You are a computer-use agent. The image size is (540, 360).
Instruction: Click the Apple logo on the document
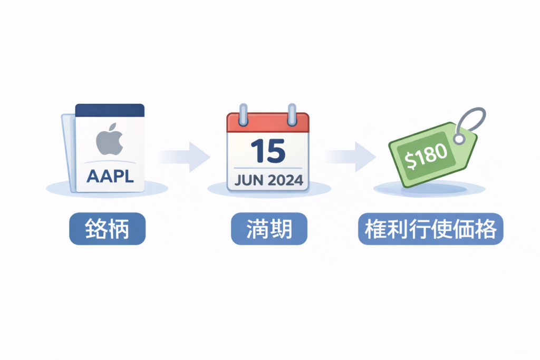(110, 139)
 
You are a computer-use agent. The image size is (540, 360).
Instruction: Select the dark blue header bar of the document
(110, 110)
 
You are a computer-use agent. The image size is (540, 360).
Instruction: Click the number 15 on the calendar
(267, 151)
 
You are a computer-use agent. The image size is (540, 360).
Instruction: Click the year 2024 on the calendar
(285, 180)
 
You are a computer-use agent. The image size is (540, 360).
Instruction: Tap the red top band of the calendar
(267, 124)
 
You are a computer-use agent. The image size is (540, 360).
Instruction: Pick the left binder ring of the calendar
(243, 114)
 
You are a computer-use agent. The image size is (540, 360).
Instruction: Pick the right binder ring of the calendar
(292, 114)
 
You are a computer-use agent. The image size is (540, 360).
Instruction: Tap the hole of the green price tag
(459, 139)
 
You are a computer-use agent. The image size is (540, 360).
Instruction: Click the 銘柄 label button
(107, 229)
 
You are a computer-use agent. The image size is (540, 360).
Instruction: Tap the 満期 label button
(269, 229)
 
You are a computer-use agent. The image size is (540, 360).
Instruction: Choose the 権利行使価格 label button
(430, 229)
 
